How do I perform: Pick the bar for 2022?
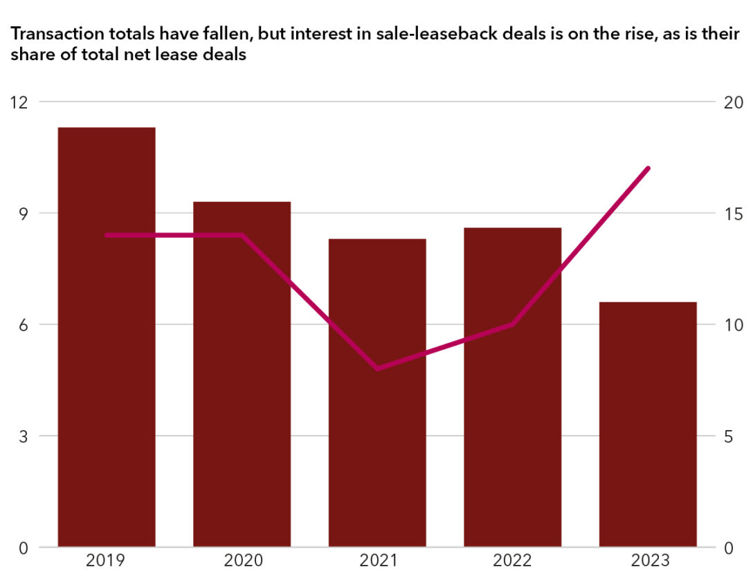tap(512, 387)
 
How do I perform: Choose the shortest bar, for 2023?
tap(648, 425)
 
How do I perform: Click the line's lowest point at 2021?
tap(377, 369)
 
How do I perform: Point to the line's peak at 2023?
tap(648, 168)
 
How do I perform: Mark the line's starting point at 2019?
tap(106, 235)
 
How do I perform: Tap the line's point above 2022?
tap(512, 324)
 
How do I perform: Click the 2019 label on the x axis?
tap(106, 561)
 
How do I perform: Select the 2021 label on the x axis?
tap(377, 561)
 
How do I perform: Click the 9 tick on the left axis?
tap(22, 213)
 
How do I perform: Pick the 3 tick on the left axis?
tap(22, 436)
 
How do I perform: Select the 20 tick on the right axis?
tap(734, 102)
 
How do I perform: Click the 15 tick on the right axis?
tap(734, 213)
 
